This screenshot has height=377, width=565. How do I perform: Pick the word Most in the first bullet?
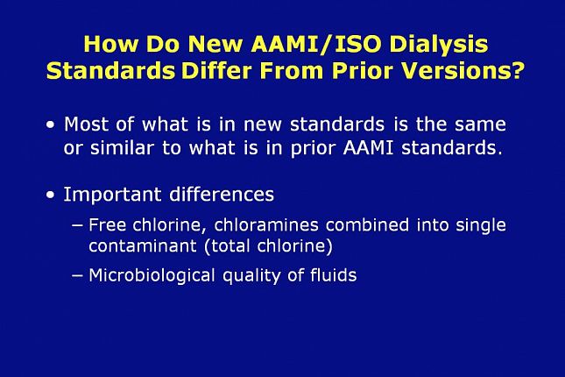click(x=87, y=124)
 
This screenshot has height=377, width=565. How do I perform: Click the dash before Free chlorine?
click(x=77, y=225)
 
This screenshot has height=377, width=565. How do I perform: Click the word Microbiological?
click(x=145, y=276)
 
